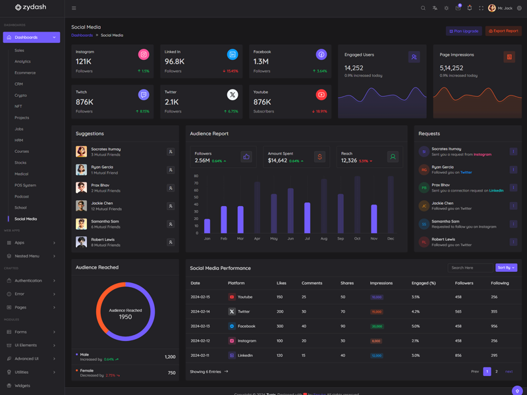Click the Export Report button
(503, 31)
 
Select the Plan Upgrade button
(464, 31)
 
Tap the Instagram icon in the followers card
(143, 55)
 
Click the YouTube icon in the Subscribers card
(321, 95)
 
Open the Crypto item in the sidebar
(20, 95)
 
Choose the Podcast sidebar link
(22, 196)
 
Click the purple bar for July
(307, 217)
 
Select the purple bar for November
(374, 219)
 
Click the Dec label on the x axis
(391, 238)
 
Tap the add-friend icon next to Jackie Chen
(171, 206)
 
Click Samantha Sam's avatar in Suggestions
(81, 224)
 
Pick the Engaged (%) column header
(424, 283)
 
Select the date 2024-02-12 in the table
(200, 340)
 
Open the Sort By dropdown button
(506, 268)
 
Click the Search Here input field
(470, 268)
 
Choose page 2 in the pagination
(497, 371)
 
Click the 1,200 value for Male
(170, 357)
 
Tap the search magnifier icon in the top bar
(423, 8)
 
